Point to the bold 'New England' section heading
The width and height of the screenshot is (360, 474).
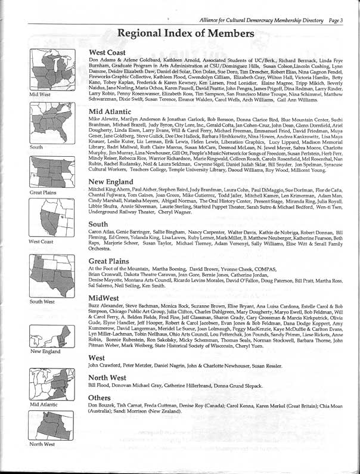113,182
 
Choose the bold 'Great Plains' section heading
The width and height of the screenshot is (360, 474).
112,261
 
